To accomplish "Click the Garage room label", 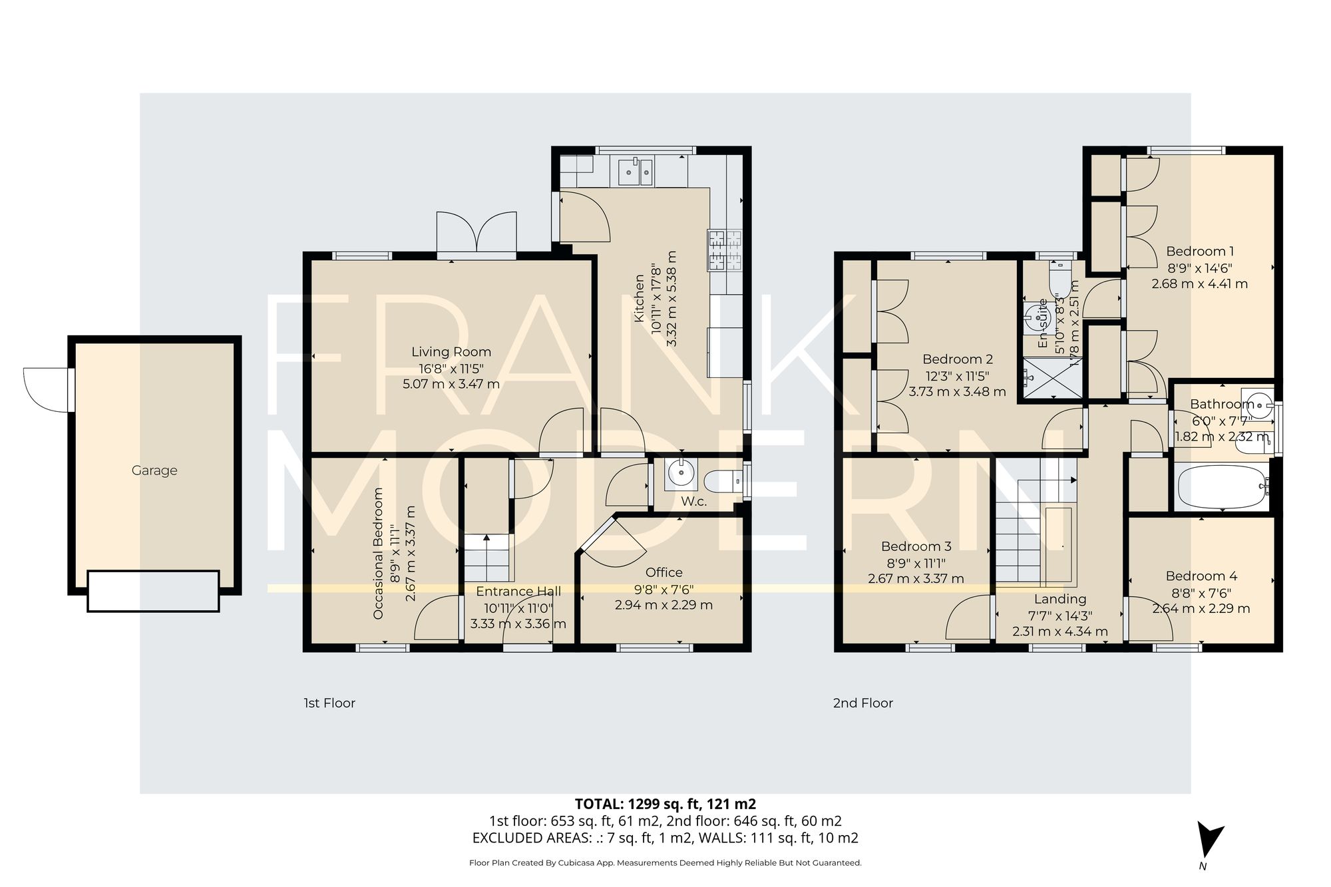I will click(x=154, y=470).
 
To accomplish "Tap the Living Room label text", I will click(x=451, y=352).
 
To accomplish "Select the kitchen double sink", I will click(x=636, y=172).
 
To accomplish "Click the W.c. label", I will click(x=693, y=502).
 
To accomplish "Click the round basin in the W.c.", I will click(x=681, y=474).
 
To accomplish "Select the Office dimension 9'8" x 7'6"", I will click(x=663, y=589).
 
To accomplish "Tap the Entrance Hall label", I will click(x=518, y=592).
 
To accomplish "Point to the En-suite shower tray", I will click(x=1051, y=379).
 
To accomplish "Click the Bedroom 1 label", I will click(x=1200, y=252).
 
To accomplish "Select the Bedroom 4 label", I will click(x=1201, y=576).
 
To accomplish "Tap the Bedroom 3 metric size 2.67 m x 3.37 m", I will click(x=916, y=579).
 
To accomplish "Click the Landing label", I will click(x=1060, y=599).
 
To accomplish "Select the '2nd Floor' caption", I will click(x=862, y=703).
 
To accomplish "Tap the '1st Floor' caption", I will click(x=329, y=703).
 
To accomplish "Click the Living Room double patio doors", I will click(x=476, y=233).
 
